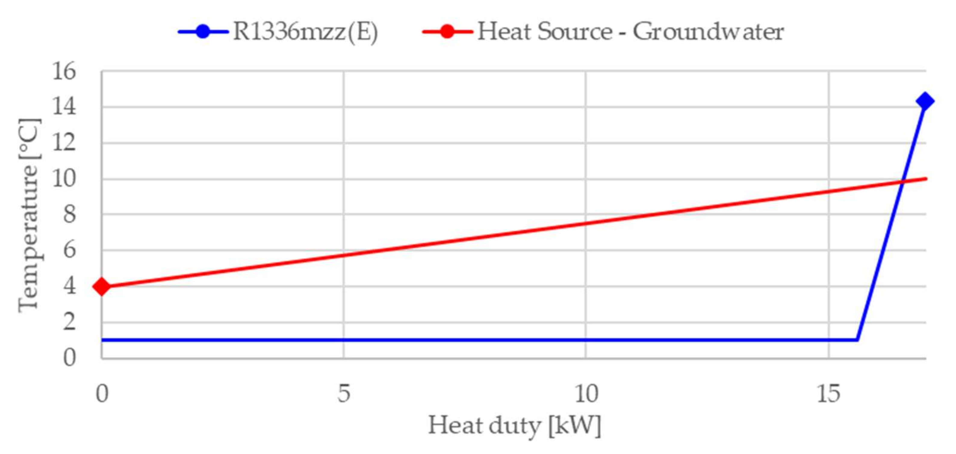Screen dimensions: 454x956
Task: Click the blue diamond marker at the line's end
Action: (925, 101)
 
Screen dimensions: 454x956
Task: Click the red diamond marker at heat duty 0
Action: (102, 287)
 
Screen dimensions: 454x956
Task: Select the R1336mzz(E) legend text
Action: (305, 32)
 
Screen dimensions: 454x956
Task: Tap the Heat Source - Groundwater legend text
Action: (630, 32)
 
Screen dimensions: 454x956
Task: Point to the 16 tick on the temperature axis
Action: (64, 71)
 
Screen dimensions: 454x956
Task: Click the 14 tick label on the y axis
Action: (64, 107)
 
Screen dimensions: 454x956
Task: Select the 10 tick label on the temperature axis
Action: (64, 179)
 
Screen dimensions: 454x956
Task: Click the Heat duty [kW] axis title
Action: (514, 426)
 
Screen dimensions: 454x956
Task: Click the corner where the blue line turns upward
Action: (857, 339)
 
